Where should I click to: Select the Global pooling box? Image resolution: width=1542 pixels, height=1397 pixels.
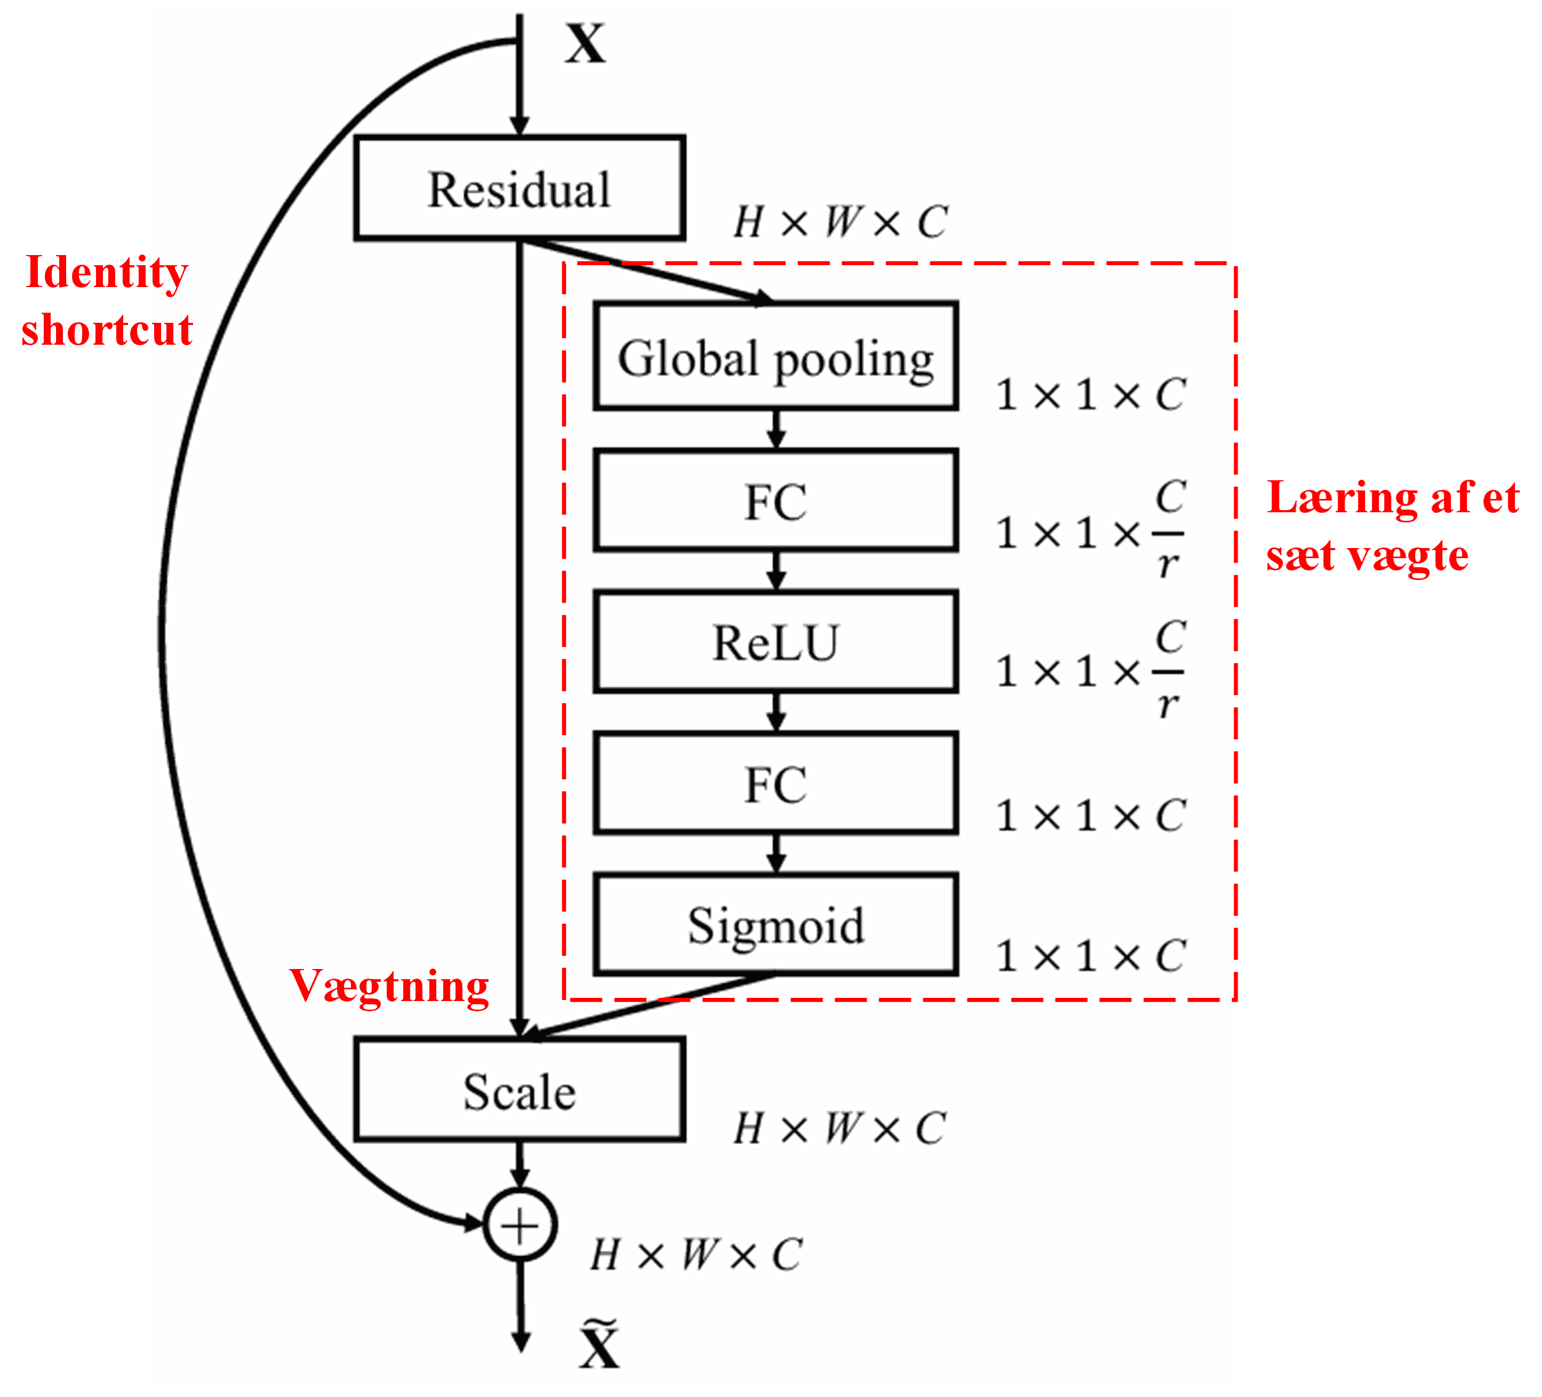tap(775, 356)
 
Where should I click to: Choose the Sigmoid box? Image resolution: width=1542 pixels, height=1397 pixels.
tap(775, 924)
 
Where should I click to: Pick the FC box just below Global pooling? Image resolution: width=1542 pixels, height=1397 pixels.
tap(775, 501)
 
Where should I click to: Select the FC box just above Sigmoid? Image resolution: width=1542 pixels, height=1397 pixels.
tap(775, 783)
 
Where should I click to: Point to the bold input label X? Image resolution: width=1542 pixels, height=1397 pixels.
tap(585, 44)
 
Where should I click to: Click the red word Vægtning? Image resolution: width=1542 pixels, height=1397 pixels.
tap(388, 987)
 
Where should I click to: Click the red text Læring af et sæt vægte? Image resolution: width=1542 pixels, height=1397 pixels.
tap(1391, 526)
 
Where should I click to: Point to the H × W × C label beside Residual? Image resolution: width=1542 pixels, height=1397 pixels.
tap(840, 223)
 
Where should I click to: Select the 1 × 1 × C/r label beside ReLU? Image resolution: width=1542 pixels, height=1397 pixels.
tap(1090, 670)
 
